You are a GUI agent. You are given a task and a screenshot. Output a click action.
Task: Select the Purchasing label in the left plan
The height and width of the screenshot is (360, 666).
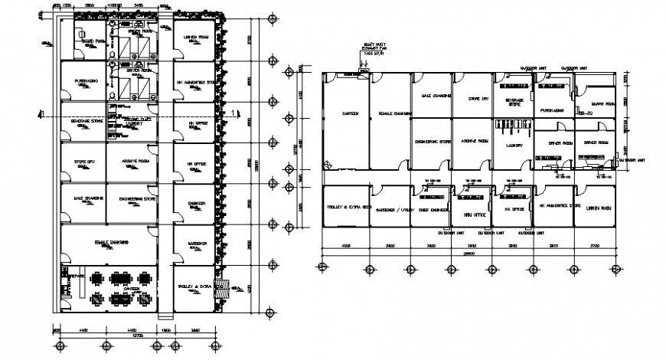click(x=85, y=80)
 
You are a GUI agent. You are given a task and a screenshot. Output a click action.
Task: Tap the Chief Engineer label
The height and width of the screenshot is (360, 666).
click(x=430, y=209)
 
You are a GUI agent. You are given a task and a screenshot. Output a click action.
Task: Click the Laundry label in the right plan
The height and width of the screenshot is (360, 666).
click(x=514, y=143)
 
